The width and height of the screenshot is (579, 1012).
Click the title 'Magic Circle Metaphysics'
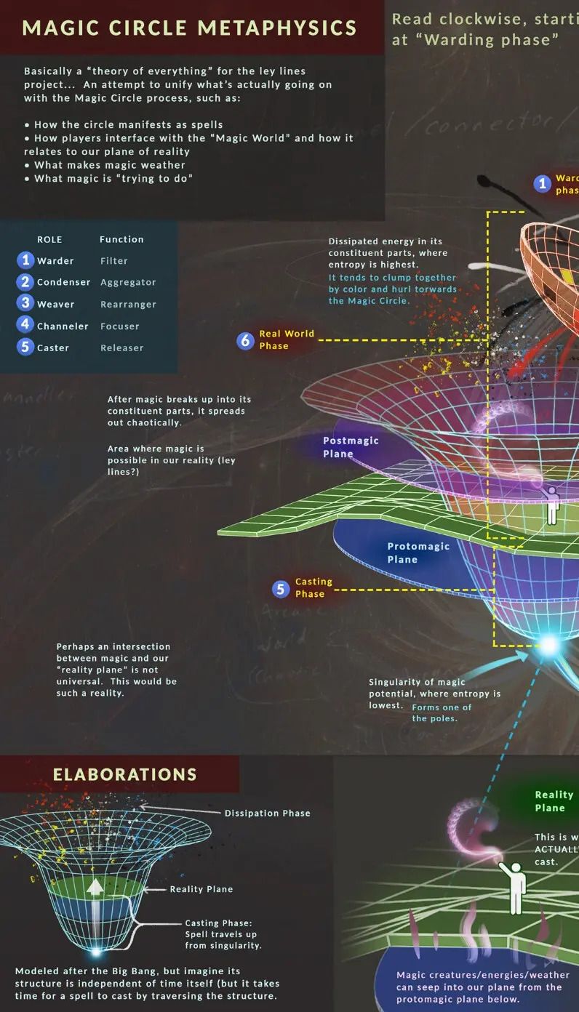click(x=190, y=28)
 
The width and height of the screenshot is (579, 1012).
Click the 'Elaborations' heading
click(x=124, y=774)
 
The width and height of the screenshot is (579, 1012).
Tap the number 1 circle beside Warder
click(x=25, y=260)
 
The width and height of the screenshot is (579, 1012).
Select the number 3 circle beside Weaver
click(x=25, y=303)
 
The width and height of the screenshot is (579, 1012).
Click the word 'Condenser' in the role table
click(x=64, y=282)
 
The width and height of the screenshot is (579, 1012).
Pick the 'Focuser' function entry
click(x=120, y=326)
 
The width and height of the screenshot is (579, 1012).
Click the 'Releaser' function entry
click(x=122, y=348)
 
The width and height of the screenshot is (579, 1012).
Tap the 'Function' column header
click(x=121, y=239)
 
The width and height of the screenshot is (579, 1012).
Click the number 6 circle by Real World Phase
click(x=245, y=340)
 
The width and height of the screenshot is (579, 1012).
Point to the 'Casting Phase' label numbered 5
click(x=314, y=587)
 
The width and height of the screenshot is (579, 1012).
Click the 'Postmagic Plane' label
click(x=351, y=447)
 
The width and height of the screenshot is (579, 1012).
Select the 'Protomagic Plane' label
click(x=418, y=553)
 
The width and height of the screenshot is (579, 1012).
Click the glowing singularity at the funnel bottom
click(x=549, y=644)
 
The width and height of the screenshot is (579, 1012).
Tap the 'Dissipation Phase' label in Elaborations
click(x=267, y=813)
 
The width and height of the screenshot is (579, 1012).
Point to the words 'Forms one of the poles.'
click(x=441, y=712)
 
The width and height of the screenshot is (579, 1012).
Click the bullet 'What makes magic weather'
click(x=109, y=165)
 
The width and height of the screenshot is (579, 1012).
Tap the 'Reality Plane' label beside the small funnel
click(x=201, y=889)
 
